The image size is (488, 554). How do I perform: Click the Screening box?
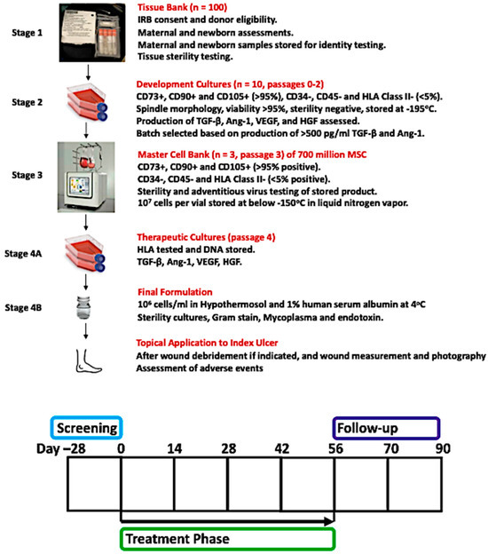87,428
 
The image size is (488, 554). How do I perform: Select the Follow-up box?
386,428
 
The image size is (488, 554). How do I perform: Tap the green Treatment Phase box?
227,539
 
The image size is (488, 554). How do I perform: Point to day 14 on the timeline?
175,448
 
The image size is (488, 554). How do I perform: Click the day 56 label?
335,448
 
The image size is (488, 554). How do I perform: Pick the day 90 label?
443,448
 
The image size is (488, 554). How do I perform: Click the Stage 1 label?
28,33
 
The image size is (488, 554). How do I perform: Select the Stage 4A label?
23,254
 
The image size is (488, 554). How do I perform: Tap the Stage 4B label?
23,308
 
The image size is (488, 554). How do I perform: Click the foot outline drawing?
88,361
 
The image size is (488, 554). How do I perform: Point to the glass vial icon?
83,307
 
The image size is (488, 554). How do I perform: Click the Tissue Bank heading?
182,7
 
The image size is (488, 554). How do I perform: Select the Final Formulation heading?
175,292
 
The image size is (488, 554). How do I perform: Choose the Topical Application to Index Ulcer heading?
207,343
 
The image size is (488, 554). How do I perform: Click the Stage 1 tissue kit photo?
92,33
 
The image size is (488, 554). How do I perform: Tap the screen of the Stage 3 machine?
80,186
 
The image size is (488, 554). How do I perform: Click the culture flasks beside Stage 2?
87,102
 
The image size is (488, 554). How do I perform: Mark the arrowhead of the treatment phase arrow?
329,521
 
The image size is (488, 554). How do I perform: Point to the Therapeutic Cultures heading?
206,237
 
